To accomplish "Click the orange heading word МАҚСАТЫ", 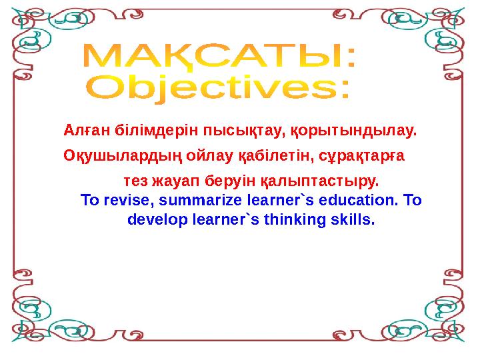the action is coord(211,56).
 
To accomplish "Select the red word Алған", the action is coord(87,130).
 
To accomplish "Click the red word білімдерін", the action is coord(157,131).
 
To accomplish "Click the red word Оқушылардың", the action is coord(123,156).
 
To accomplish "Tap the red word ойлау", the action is coord(210,156).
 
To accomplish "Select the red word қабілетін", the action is coord(277,156).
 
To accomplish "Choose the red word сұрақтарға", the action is coord(361,156).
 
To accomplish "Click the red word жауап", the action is coord(176,181).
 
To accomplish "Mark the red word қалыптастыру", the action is coord(319,181).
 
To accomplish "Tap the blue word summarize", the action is coord(201,200).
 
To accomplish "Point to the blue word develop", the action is coord(157,220).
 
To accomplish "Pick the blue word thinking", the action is coord(295,220).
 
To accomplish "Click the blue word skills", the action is coord(353,219).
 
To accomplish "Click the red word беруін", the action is coord(230,181).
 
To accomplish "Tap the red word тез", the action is coord(135,181).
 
